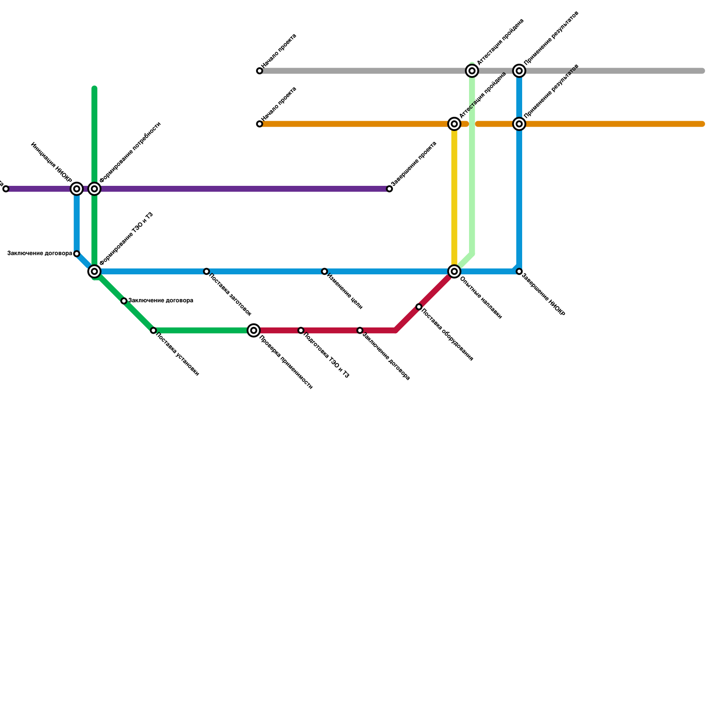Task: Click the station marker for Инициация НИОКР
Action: [77, 189]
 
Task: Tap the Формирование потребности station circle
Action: [94, 189]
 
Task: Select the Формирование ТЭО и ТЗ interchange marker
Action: [94, 271]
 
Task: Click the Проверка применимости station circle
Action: [254, 331]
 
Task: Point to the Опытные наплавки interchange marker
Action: [454, 271]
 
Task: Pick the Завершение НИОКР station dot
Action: [519, 271]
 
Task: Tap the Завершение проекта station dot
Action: [389, 189]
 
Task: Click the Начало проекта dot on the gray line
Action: [260, 71]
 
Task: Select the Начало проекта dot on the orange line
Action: [260, 124]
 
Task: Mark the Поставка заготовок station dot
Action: [207, 271]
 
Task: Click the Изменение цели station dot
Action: [324, 271]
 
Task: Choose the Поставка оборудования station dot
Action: [419, 307]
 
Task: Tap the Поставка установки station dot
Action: [154, 331]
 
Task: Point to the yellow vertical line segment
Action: [454, 195]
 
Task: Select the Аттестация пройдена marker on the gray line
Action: [472, 71]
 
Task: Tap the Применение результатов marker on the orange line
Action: [519, 124]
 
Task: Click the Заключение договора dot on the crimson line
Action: [360, 331]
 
